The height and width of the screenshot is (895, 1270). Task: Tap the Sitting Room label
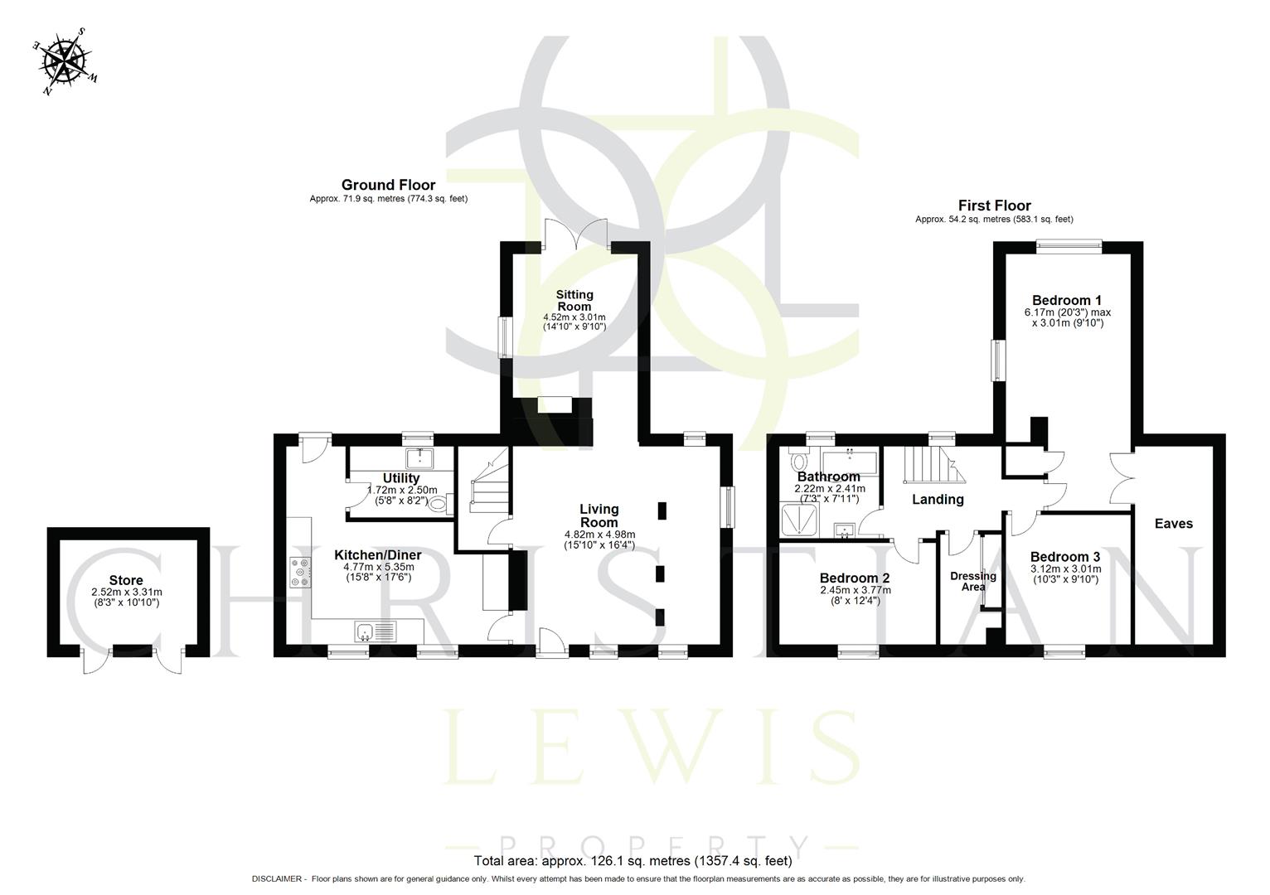click(574, 300)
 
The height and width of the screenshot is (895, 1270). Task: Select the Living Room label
click(599, 515)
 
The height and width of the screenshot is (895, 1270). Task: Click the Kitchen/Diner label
click(377, 554)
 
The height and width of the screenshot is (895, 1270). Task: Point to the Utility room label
click(401, 478)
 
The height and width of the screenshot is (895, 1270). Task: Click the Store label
click(126, 580)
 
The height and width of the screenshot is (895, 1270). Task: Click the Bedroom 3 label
click(1065, 557)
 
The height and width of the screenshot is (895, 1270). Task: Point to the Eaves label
click(1174, 523)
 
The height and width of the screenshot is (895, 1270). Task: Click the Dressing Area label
click(973, 581)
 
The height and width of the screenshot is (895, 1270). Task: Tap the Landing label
click(938, 499)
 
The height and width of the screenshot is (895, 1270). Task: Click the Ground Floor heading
click(388, 185)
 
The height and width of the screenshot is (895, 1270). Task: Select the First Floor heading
click(994, 206)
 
